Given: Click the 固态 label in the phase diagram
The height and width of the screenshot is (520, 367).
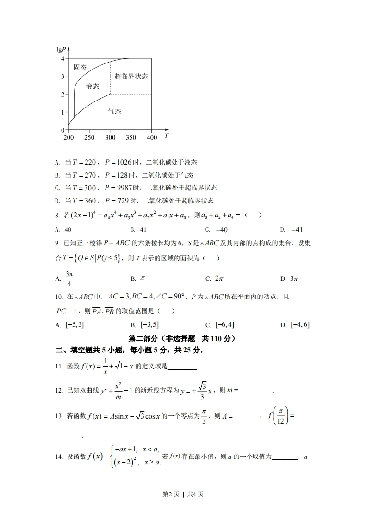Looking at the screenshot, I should (80, 67).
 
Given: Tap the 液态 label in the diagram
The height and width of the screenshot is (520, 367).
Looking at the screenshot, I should (93, 86).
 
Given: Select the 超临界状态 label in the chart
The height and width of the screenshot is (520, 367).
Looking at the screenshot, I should (131, 76).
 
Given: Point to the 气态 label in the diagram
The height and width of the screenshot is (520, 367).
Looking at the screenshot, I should (114, 111).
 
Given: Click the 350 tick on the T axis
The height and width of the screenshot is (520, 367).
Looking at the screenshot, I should (131, 138).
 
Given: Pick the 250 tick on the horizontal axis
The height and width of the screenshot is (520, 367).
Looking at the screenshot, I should (89, 138).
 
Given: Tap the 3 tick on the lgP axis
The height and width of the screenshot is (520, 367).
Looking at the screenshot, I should (62, 76).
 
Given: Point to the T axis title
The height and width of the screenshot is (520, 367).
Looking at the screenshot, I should (166, 136).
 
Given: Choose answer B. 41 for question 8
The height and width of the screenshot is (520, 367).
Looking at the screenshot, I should (138, 229).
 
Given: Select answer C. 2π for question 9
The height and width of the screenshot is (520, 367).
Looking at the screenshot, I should (215, 279).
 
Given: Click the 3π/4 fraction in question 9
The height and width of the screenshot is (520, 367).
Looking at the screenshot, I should (69, 279).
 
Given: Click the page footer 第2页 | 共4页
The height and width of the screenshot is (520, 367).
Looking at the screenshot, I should (183, 494).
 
